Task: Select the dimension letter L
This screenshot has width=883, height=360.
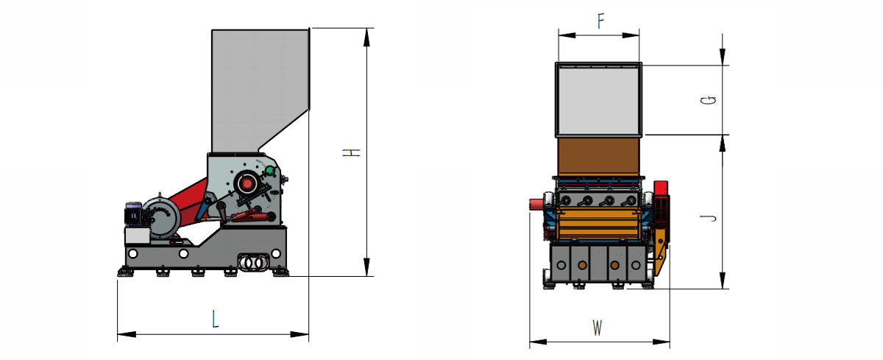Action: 215,320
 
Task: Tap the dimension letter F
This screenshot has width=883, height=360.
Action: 600,21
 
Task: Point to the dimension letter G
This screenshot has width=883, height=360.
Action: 708,101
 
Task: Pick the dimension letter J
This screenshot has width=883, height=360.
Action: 709,219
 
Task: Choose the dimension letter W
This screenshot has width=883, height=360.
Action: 597,328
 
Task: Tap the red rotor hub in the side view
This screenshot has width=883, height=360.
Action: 247,184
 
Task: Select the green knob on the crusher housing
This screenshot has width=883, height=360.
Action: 269,171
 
